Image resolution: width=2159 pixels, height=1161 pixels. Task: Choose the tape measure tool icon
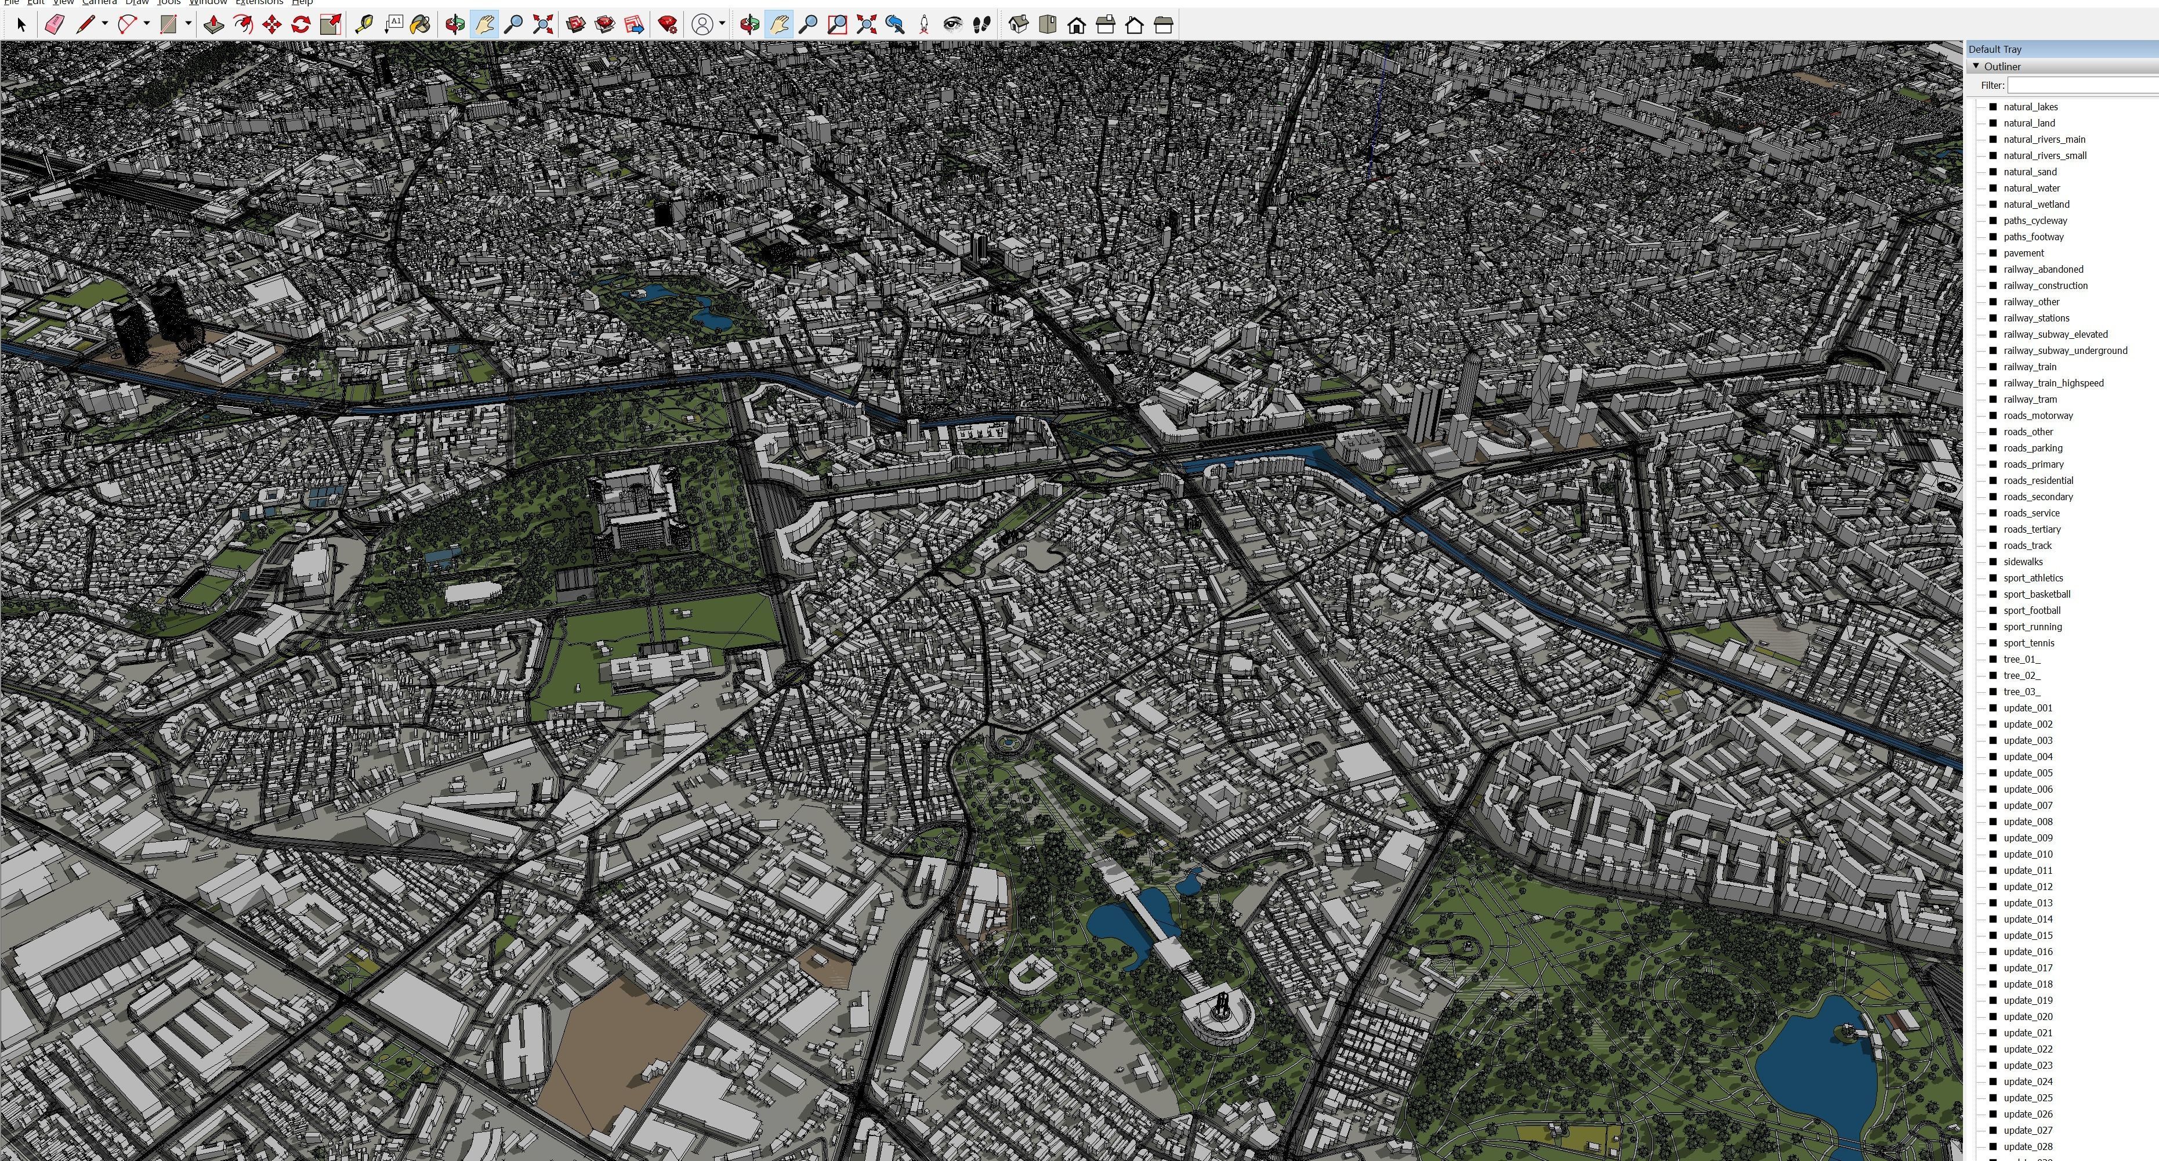pos(364,24)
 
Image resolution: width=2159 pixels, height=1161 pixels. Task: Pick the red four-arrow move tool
pos(271,24)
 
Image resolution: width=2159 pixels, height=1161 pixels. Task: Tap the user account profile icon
pos(703,24)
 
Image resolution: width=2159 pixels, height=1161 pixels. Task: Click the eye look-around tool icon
pos(952,24)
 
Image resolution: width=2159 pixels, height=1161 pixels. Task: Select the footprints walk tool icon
pos(981,24)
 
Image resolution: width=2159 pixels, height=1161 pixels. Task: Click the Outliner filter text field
pos(2082,85)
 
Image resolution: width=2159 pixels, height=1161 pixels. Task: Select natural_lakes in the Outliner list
pos(2030,106)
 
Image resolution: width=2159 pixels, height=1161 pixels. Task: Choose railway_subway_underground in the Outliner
pos(2064,350)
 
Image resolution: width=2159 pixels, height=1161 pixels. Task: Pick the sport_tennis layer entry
pos(2028,643)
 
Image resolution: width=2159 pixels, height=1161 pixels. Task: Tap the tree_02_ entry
pos(2021,675)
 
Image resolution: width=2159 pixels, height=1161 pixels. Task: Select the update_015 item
pos(2027,935)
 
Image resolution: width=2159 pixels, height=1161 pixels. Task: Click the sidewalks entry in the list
pos(2022,562)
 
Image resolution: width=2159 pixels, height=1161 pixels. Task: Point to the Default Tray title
pos(1995,49)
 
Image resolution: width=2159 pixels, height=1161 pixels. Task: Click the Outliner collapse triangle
pos(1976,66)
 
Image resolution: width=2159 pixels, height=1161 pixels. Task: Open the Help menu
pos(302,2)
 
